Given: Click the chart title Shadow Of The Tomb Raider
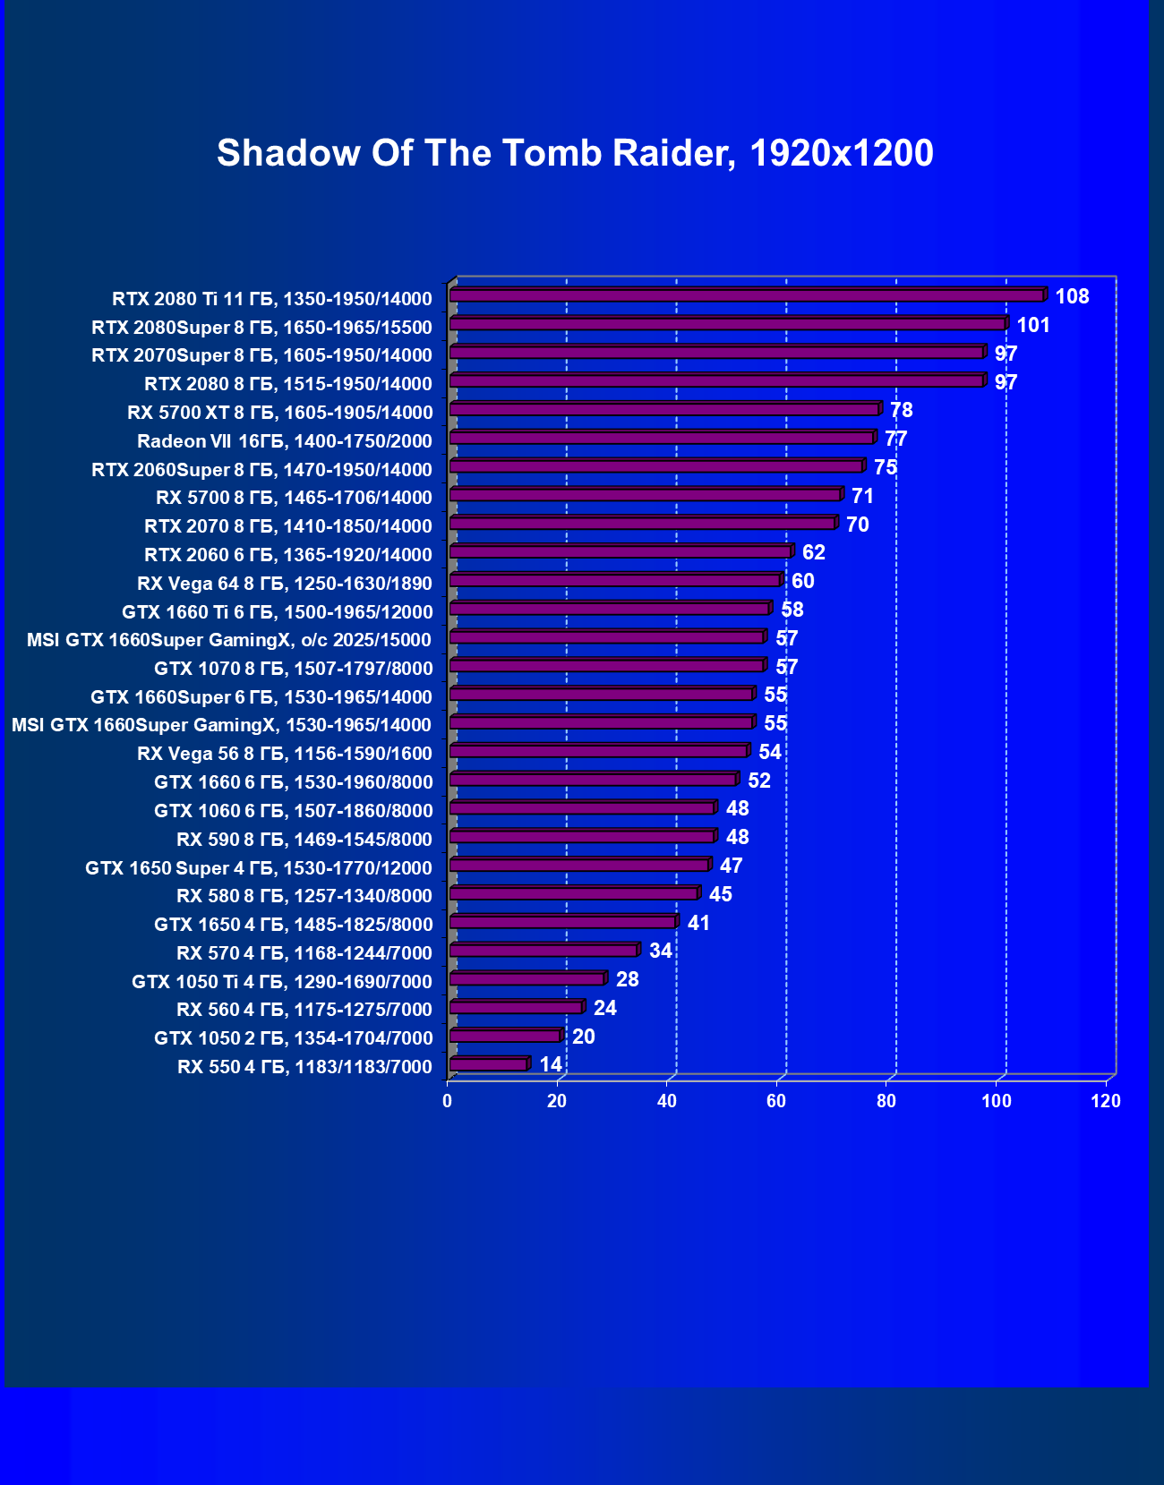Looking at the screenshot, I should point(575,153).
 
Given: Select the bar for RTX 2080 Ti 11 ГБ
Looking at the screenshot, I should point(747,295).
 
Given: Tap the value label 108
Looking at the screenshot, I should point(1072,296).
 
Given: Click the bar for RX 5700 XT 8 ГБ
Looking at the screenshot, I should point(664,409).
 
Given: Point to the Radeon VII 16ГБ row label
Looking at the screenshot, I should point(285,441).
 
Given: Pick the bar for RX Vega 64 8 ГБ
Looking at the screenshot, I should point(615,580).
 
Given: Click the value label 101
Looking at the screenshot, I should point(1033,325).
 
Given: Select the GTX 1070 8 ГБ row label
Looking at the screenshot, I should point(294,669).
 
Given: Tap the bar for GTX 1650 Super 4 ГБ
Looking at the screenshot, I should point(579,865).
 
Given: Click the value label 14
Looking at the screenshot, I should point(551,1064).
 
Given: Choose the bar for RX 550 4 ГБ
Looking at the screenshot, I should point(489,1064).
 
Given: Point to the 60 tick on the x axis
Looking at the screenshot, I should point(776,1101).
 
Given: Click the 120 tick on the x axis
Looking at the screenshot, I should point(1106,1101).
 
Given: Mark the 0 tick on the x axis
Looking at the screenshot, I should point(448,1101).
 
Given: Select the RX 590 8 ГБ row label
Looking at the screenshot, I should point(304,840).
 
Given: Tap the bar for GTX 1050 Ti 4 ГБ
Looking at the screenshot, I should point(527,978).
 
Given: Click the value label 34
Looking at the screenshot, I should point(661,951).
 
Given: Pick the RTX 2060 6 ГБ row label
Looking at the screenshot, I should point(288,555).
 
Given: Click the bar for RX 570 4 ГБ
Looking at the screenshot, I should point(543,951).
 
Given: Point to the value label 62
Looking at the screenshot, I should point(814,552).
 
